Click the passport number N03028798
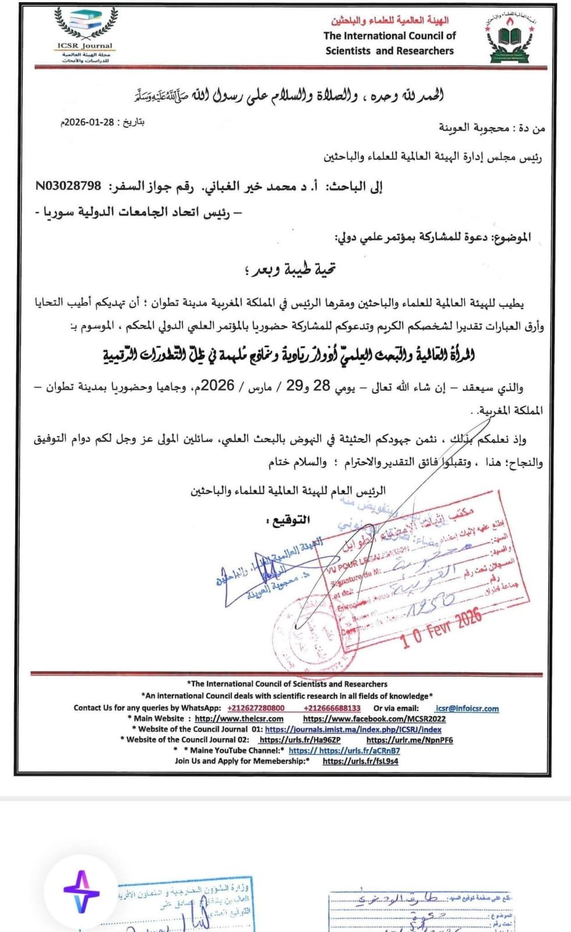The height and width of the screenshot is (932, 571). click(68, 186)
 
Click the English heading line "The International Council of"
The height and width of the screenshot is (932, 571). click(389, 36)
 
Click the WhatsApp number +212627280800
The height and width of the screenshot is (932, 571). click(256, 708)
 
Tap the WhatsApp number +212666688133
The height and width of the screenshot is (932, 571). click(332, 708)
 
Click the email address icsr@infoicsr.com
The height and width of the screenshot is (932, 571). click(467, 708)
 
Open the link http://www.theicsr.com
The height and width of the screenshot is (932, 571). click(239, 719)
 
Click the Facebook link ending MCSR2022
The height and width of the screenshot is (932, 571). click(374, 719)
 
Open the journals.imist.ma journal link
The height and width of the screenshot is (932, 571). click(353, 729)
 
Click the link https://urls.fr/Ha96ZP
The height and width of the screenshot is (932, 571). click(299, 740)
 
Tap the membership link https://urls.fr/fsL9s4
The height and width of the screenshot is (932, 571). click(360, 761)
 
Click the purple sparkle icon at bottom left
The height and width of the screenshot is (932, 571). click(82, 891)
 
